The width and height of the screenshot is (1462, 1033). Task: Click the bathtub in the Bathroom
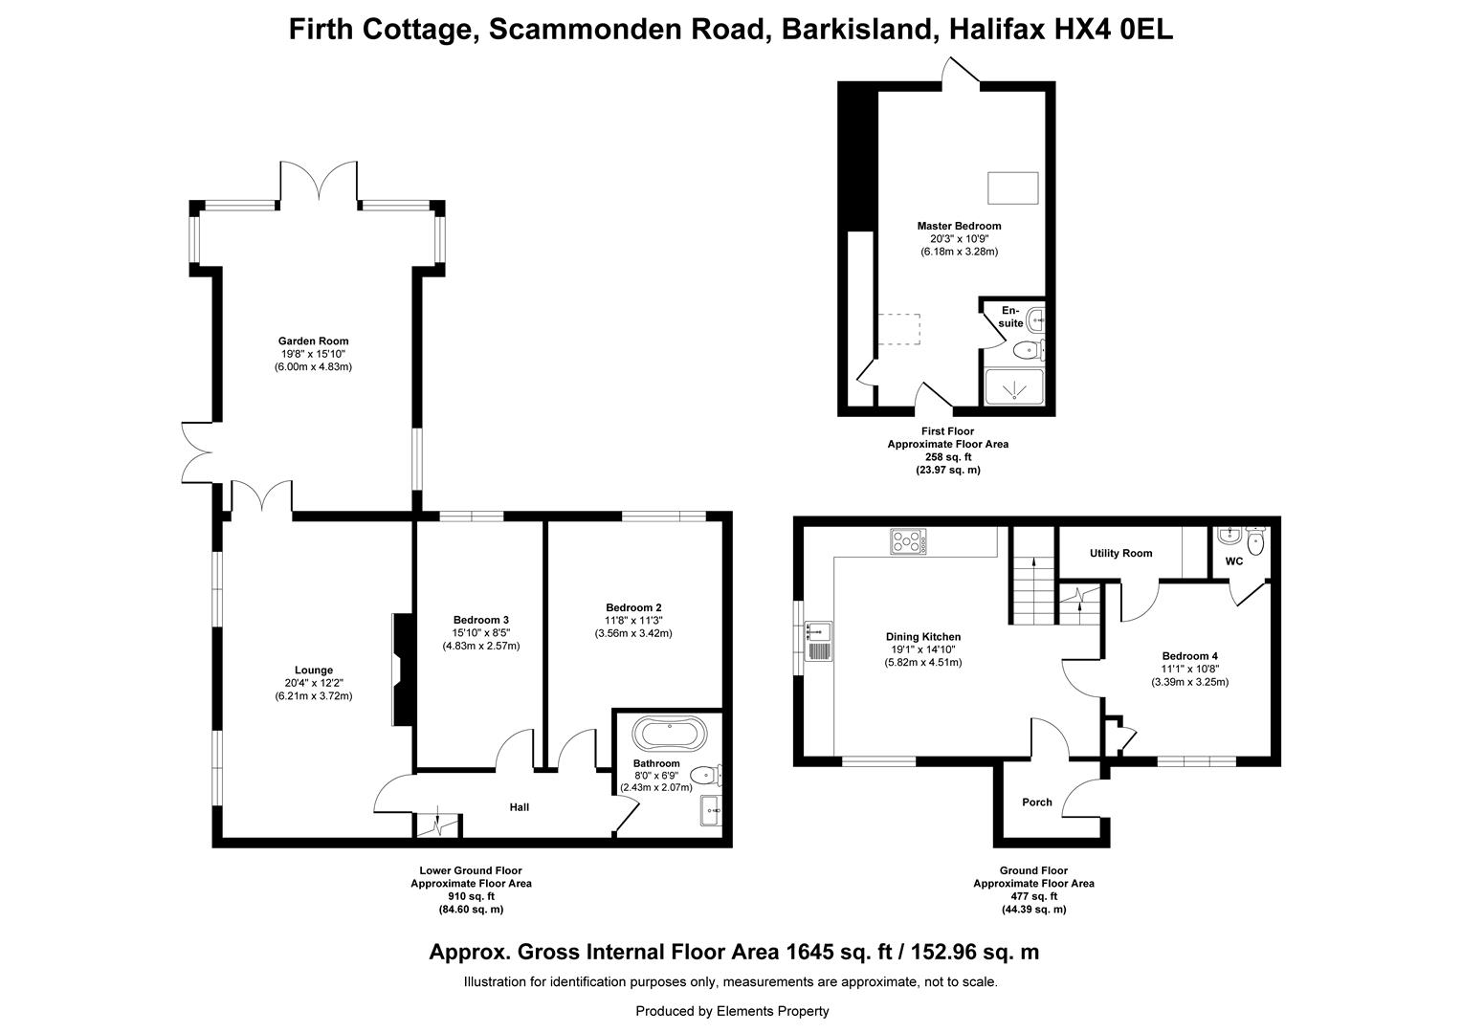pyautogui.click(x=669, y=734)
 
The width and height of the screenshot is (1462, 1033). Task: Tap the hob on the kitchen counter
pyautogui.click(x=908, y=541)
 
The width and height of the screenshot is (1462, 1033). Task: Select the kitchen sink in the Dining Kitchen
pyautogui.click(x=818, y=641)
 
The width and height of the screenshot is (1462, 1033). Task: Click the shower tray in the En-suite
pyautogui.click(x=1014, y=386)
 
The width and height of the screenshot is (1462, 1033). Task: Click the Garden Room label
pyautogui.click(x=313, y=341)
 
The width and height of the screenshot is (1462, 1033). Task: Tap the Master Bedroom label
pyautogui.click(x=959, y=226)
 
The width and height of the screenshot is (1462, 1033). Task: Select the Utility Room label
pyautogui.click(x=1120, y=554)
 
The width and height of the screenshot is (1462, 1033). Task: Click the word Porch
pyautogui.click(x=1037, y=802)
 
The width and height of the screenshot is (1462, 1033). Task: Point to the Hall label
pyautogui.click(x=519, y=807)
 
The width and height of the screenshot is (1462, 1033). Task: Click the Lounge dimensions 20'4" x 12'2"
pyautogui.click(x=313, y=683)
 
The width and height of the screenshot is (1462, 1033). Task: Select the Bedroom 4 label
pyautogui.click(x=1190, y=656)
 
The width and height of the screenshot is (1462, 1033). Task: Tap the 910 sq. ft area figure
pyautogui.click(x=472, y=896)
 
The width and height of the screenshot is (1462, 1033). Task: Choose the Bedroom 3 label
pyautogui.click(x=481, y=620)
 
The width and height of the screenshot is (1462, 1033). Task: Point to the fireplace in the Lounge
pyautogui.click(x=403, y=670)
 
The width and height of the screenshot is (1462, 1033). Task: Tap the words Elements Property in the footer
pyautogui.click(x=773, y=1011)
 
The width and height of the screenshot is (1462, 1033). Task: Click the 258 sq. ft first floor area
pyautogui.click(x=947, y=457)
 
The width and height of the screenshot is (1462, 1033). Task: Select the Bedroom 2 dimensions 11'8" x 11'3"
pyautogui.click(x=633, y=620)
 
